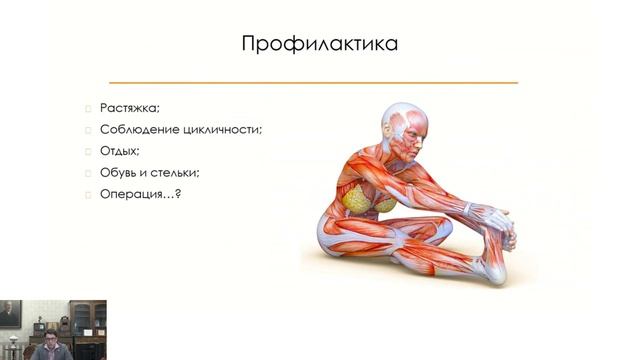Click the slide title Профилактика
[320, 44]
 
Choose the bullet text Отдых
[119, 150]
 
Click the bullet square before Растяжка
[88, 108]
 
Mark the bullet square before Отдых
[88, 150]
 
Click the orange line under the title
[313, 82]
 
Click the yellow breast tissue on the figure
[366, 199]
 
